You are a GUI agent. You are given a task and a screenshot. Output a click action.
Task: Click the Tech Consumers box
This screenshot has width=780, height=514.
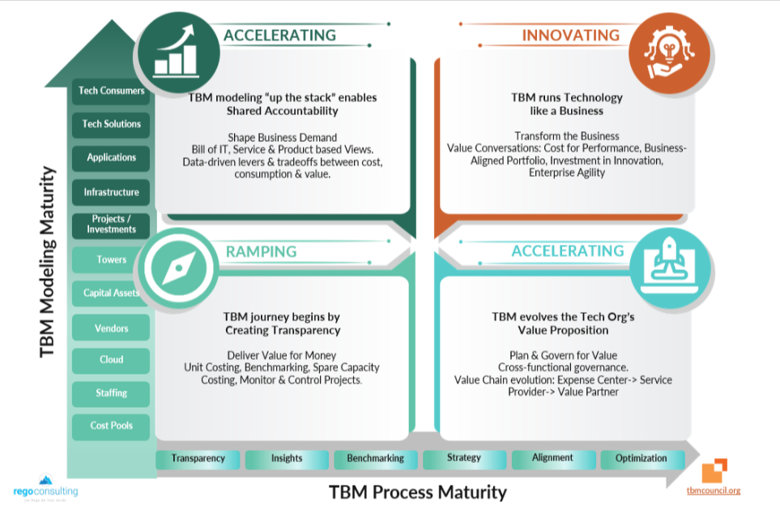(x=111, y=91)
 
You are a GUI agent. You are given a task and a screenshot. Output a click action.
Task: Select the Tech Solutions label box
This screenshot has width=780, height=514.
(x=111, y=124)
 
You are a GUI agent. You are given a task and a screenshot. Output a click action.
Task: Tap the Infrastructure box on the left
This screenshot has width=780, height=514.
(x=111, y=192)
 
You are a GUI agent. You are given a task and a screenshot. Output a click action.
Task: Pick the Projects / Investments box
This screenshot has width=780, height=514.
(x=111, y=225)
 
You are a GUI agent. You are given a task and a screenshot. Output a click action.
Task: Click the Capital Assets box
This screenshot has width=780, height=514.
(x=111, y=293)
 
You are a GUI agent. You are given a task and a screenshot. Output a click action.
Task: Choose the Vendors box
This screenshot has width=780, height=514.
(x=111, y=328)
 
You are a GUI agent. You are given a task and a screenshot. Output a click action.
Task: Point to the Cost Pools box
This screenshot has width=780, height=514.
(x=111, y=426)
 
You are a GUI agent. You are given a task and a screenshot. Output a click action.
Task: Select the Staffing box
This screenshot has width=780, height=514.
(x=111, y=393)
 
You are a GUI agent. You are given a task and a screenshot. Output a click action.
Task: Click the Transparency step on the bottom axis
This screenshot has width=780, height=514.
(x=198, y=459)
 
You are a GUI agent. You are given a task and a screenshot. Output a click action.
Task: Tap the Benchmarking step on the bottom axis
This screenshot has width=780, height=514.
(x=375, y=459)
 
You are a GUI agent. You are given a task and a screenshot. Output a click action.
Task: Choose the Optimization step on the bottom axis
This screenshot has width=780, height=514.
(x=641, y=459)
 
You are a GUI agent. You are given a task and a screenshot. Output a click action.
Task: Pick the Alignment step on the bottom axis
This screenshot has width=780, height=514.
(x=552, y=459)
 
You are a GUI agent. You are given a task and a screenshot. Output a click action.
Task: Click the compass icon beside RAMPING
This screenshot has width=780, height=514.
(x=177, y=266)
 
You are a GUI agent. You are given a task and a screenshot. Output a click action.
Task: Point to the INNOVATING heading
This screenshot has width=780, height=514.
(x=570, y=36)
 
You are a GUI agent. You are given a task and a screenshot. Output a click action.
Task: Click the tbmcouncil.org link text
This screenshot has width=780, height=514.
(x=713, y=490)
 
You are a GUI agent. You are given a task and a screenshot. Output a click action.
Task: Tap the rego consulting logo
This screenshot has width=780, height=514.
(x=45, y=488)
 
